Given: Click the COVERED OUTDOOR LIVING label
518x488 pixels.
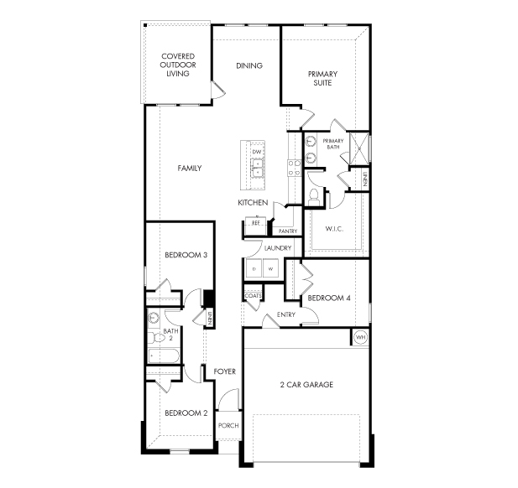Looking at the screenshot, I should point(177,65).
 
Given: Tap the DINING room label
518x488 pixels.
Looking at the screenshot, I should point(249,65).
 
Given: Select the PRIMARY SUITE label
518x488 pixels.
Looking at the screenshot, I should point(322,78).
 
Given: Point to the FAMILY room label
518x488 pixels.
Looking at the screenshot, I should point(190,169).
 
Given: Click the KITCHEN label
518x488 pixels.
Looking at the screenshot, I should point(253,204).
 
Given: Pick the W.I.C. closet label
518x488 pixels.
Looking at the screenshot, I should point(335,228).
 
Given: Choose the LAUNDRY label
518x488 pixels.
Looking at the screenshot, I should point(277,248).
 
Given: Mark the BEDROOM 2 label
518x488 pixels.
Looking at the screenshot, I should point(186,413).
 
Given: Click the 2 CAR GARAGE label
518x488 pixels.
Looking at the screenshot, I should point(306,385).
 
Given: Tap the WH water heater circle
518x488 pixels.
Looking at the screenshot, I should point(361,337).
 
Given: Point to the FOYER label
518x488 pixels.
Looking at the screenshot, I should point(224,371).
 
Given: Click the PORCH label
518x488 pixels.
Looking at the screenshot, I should point(228,425).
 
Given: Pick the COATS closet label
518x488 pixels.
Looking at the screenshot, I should point(253,296).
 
